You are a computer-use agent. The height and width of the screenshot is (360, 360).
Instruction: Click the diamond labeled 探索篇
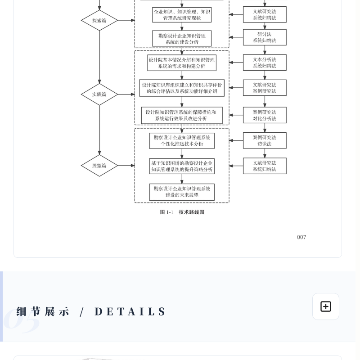pos(99,20)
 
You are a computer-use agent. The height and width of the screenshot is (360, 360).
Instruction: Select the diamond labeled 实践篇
pos(99,94)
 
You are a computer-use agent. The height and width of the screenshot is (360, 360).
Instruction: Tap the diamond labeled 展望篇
pos(99,166)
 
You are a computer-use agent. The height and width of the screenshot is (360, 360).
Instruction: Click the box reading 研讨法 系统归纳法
pos(265,37)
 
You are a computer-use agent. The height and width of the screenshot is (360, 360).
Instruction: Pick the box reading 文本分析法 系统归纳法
pos(265,63)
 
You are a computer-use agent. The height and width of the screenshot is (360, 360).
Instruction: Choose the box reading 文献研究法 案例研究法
pos(265,88)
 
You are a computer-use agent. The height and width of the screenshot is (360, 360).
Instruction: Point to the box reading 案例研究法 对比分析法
pos(265,115)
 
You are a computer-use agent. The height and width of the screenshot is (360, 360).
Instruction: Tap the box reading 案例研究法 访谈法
pos(265,140)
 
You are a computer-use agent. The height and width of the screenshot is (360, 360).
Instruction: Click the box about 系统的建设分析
pos(182,39)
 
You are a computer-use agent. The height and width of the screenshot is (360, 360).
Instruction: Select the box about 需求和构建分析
pos(182,63)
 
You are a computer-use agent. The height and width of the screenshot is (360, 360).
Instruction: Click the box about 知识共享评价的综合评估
pos(182,88)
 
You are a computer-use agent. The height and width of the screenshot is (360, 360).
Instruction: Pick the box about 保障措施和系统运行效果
pos(182,115)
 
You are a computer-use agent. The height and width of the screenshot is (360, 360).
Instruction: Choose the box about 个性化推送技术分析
pos(182,140)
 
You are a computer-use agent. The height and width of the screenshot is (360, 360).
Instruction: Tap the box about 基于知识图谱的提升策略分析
pos(182,166)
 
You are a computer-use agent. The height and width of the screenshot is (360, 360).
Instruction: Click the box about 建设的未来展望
pos(182,192)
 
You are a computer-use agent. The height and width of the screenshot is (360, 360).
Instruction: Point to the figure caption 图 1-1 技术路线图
pos(182,212)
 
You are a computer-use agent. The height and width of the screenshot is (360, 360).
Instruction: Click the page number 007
pos(301,237)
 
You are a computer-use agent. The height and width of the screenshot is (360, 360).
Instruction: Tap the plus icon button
pos(326,306)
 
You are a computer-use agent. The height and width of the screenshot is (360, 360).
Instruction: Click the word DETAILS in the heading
pos(130,311)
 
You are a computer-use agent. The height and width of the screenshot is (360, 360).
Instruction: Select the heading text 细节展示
pos(43,311)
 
